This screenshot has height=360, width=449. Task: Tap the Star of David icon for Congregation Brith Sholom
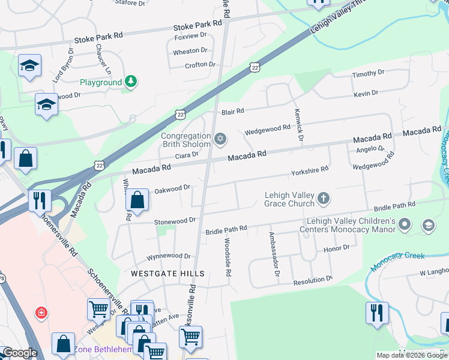tap(220, 140)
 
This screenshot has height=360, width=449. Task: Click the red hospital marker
tap(41, 313)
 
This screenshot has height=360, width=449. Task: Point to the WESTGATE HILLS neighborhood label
tap(168, 274)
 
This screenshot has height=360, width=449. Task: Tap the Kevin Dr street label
tap(366, 93)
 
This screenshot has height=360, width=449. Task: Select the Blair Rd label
tap(232, 112)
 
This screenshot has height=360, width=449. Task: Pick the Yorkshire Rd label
tap(309, 170)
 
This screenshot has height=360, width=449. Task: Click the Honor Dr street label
tap(336, 248)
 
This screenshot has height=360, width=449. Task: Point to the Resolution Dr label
tap(312, 281)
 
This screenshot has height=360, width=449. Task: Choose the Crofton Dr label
tap(200, 65)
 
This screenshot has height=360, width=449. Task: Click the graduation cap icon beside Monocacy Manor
tap(429, 226)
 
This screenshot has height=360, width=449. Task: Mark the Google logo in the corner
tap(19, 353)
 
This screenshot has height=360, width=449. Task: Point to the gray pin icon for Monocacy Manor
tap(405, 226)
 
